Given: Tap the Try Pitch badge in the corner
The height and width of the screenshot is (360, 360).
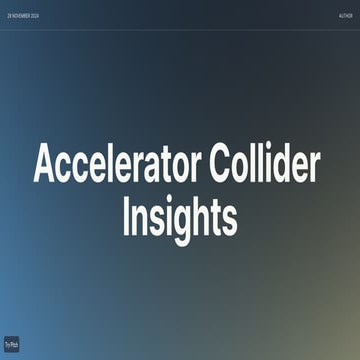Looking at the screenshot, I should pyautogui.click(x=12, y=342).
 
